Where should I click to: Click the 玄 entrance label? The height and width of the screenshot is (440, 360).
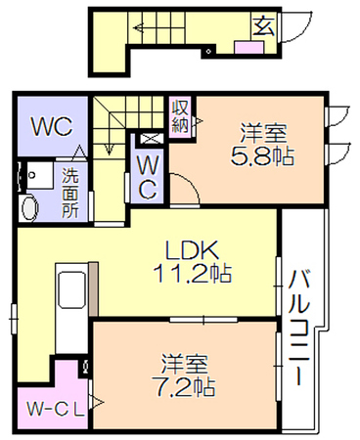(x=263, y=25)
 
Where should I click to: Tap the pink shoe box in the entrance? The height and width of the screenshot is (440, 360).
(x=249, y=48)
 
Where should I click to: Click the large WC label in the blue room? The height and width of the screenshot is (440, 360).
(x=52, y=127)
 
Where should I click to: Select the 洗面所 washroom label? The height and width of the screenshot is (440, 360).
(x=70, y=193)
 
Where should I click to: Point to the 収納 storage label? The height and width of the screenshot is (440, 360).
(x=180, y=115)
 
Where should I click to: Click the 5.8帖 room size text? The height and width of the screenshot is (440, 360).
(x=263, y=156)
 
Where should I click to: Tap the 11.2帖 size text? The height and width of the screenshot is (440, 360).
(x=193, y=273)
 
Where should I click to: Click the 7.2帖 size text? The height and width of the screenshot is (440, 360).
(x=183, y=387)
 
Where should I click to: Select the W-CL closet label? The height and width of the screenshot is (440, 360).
(x=56, y=409)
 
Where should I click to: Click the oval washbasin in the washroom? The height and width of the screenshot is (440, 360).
(x=29, y=207)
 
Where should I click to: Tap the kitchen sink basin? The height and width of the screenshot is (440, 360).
(x=72, y=289)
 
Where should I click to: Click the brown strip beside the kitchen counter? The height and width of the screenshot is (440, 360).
(x=93, y=288)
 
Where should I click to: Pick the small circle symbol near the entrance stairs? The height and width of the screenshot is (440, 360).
(x=209, y=51)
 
